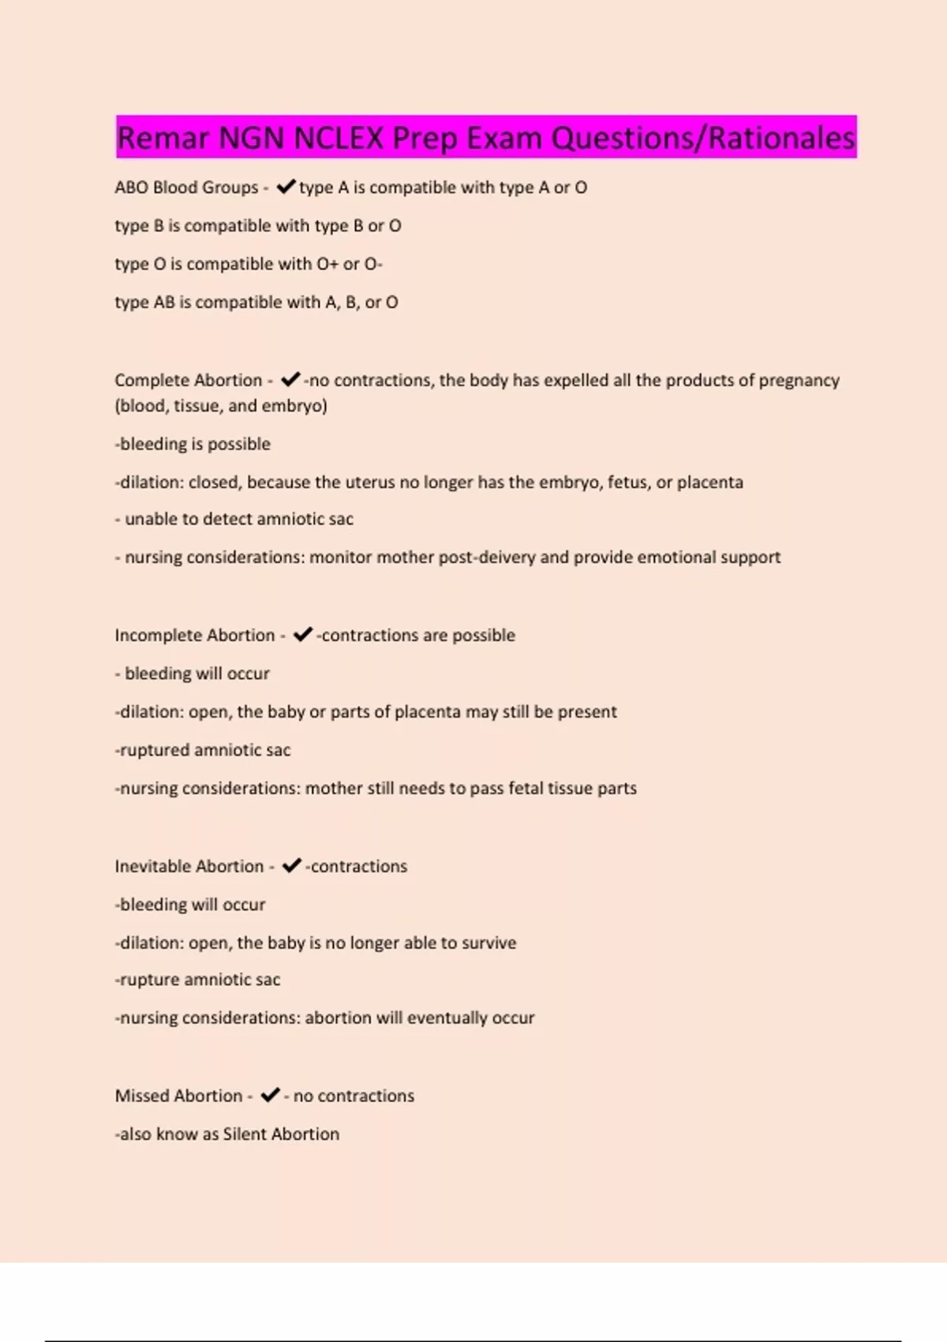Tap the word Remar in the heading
(163, 138)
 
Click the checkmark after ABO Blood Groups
(286, 186)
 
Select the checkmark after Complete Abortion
(290, 380)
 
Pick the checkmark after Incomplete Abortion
(303, 635)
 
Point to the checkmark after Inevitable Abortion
(292, 866)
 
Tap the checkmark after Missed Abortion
(270, 1095)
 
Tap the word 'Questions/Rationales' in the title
(702, 138)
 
